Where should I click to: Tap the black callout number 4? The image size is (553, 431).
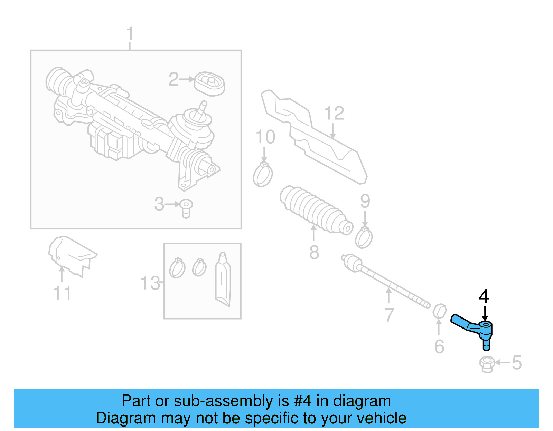(x=484, y=296)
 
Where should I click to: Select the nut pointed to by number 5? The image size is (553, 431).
(x=487, y=364)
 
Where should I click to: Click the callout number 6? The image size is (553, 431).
(x=439, y=346)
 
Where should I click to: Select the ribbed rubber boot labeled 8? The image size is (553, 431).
(x=315, y=210)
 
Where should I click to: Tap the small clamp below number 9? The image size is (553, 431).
(x=364, y=238)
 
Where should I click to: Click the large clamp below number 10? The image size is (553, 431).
(x=263, y=175)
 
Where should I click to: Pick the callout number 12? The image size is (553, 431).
(x=334, y=113)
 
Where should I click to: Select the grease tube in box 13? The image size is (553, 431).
(x=223, y=280)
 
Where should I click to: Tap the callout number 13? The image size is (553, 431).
(x=150, y=283)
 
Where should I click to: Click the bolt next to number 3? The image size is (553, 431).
(x=186, y=208)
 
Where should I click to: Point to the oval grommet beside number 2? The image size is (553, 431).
(x=209, y=84)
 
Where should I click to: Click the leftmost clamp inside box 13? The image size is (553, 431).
(x=177, y=268)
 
